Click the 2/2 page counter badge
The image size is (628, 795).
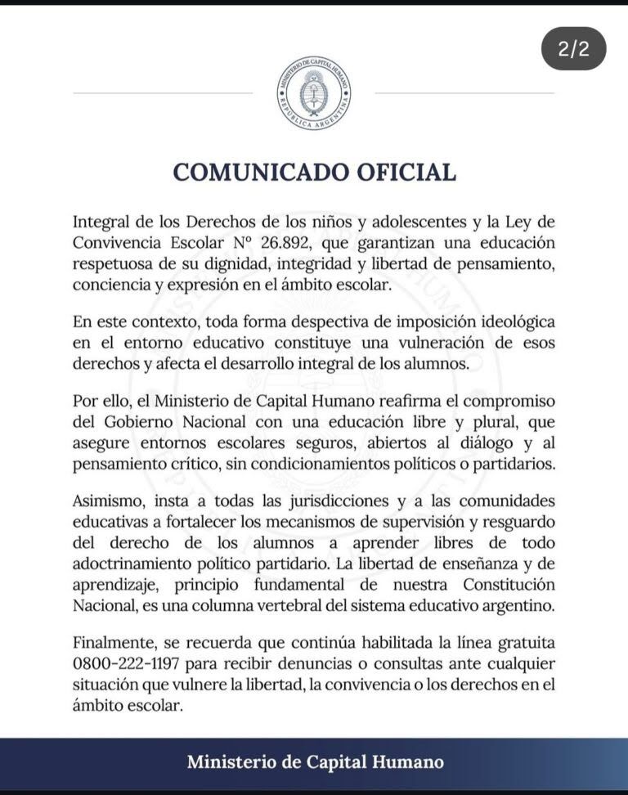click(x=573, y=50)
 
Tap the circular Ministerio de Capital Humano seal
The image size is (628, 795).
click(x=314, y=94)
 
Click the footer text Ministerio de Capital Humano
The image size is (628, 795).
click(x=316, y=762)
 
